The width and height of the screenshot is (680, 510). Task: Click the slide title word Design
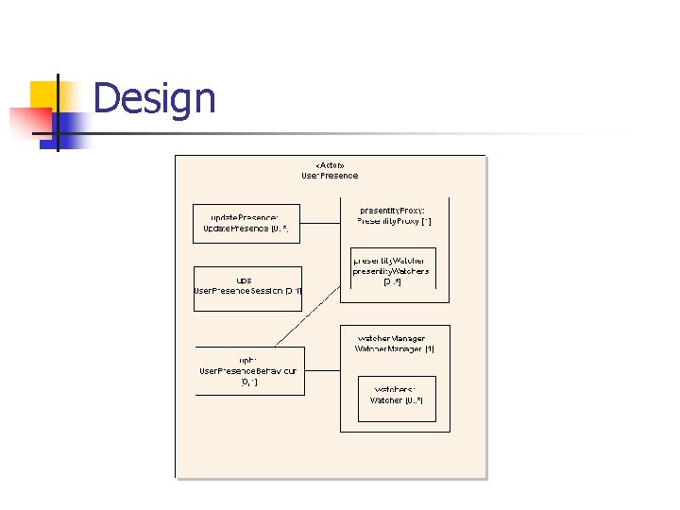[155, 98]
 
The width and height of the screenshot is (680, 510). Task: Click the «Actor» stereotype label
[330, 164]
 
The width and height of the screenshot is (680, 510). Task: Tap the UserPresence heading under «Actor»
[330, 175]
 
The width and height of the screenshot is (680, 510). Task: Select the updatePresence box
[246, 224]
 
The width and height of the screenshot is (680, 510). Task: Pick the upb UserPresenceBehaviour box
[248, 370]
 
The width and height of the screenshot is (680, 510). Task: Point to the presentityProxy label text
[393, 210]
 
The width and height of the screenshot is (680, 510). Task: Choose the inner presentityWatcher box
[393, 271]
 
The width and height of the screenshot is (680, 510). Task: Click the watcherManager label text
[391, 338]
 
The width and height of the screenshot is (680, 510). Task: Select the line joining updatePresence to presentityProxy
[320, 223]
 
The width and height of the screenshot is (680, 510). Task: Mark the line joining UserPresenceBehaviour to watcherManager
[322, 370]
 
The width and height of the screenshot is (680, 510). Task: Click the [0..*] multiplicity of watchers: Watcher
[414, 400]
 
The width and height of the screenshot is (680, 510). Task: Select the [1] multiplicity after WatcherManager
[428, 348]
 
